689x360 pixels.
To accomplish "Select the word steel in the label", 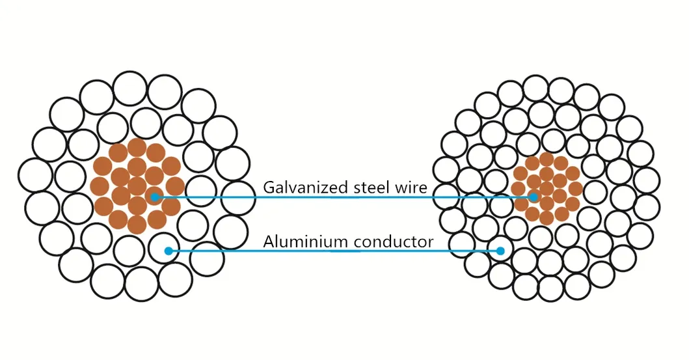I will tap(362, 188).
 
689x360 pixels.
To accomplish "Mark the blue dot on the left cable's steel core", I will tap(155, 197).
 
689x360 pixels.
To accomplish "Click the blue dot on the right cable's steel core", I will tap(534, 197).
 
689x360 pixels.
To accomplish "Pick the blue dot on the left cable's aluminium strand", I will tap(168, 251).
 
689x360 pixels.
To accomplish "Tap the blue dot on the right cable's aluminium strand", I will tap(500, 251).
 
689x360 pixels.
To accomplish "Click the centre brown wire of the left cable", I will tap(137, 186).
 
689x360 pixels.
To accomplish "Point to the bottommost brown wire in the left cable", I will tap(137, 225).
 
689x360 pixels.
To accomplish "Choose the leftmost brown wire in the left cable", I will tap(100, 186).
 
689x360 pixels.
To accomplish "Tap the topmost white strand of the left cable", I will tap(129, 89).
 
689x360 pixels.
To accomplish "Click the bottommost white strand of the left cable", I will tap(141, 284).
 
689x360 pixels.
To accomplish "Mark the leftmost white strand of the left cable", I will tap(35, 175).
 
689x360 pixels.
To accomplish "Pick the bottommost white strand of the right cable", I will tap(551, 288).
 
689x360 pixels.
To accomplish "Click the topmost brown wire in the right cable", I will tap(547, 159).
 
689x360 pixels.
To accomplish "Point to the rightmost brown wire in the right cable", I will tap(576, 189).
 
